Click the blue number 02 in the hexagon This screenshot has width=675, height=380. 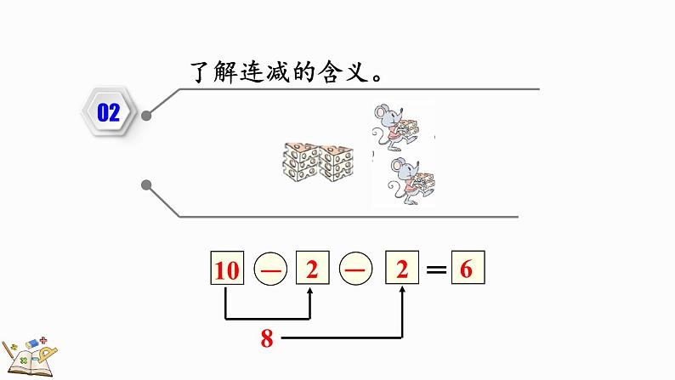109,113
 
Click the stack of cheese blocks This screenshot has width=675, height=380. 313,161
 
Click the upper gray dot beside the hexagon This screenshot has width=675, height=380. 148,116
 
